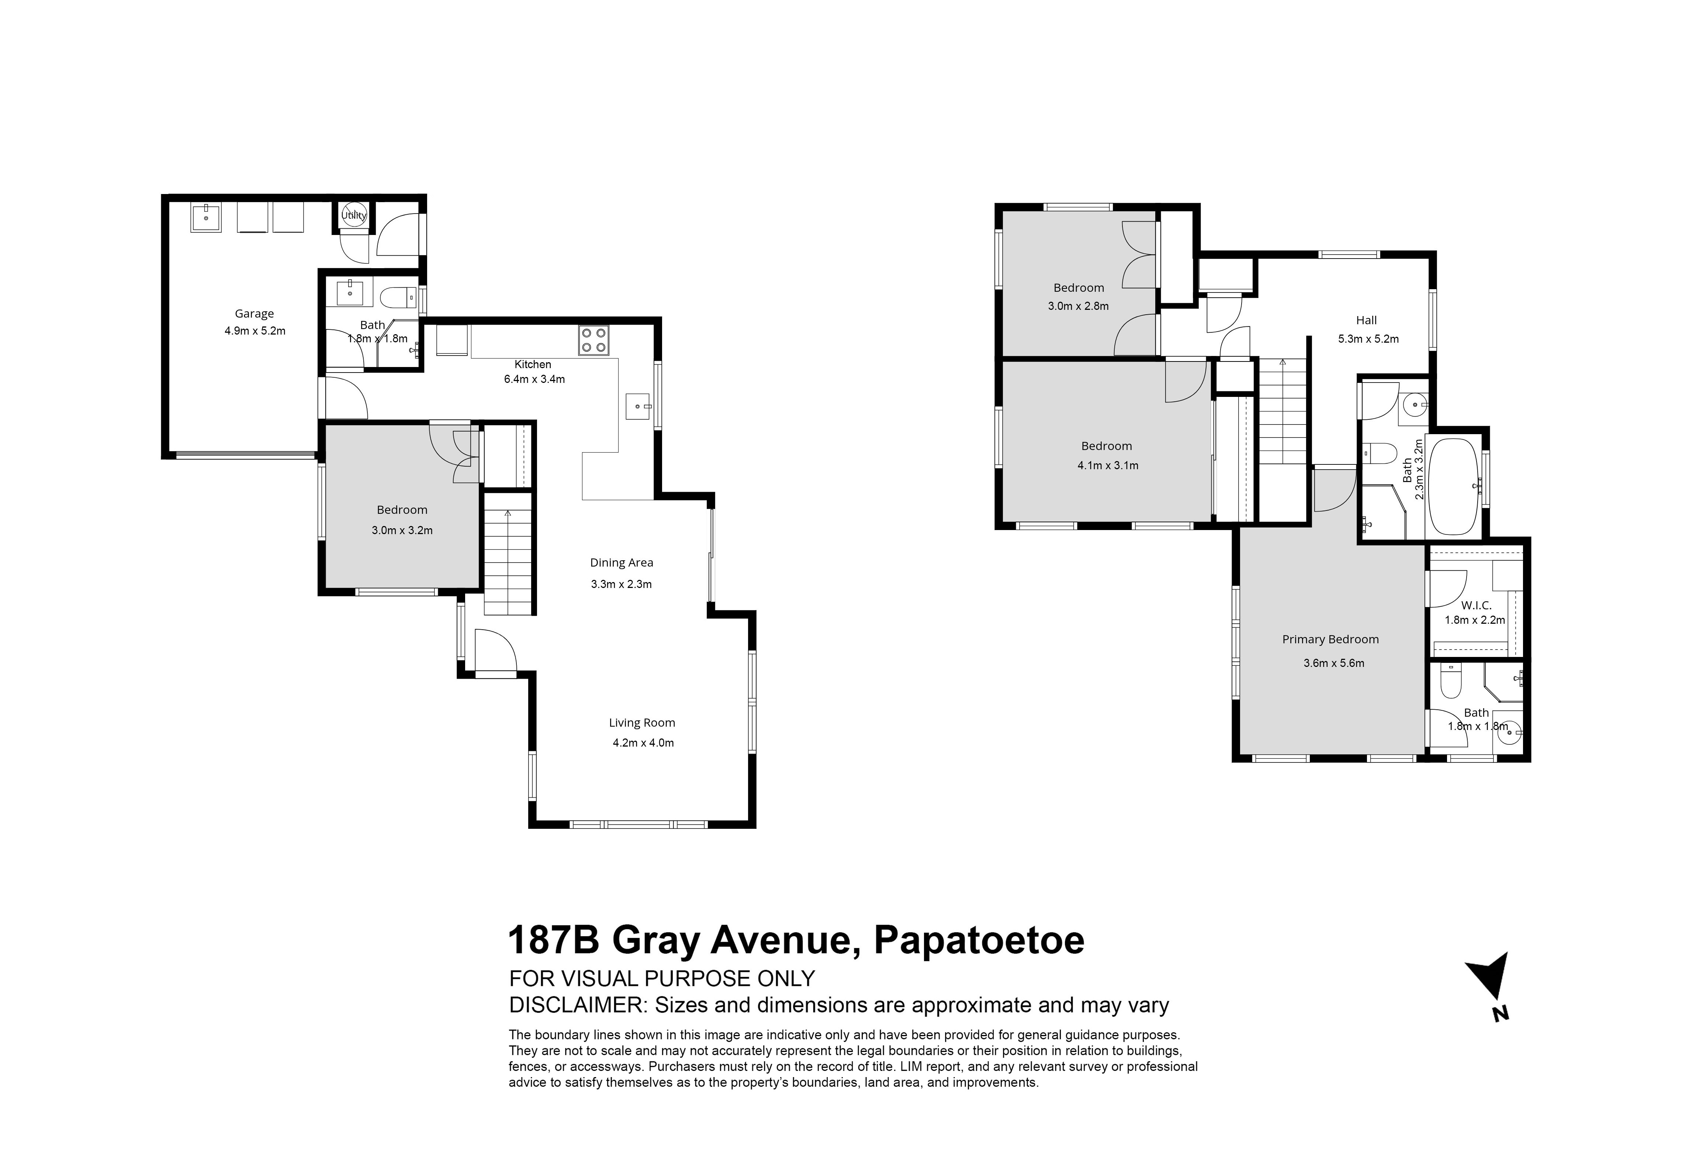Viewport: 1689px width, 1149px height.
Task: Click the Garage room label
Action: click(x=255, y=314)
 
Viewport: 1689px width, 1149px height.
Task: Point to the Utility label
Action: click(x=355, y=215)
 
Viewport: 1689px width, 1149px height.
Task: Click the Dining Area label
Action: click(x=622, y=563)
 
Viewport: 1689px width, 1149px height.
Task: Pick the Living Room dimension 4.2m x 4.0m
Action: click(x=643, y=743)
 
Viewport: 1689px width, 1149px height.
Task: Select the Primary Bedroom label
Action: click(x=1331, y=640)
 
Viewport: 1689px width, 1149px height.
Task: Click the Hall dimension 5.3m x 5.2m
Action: click(x=1368, y=339)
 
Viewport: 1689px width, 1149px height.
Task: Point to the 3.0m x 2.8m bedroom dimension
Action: click(x=1079, y=306)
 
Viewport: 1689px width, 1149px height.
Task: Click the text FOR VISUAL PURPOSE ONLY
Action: click(x=662, y=979)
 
